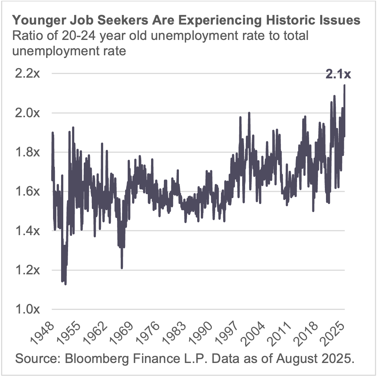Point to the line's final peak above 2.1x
[344, 86]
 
